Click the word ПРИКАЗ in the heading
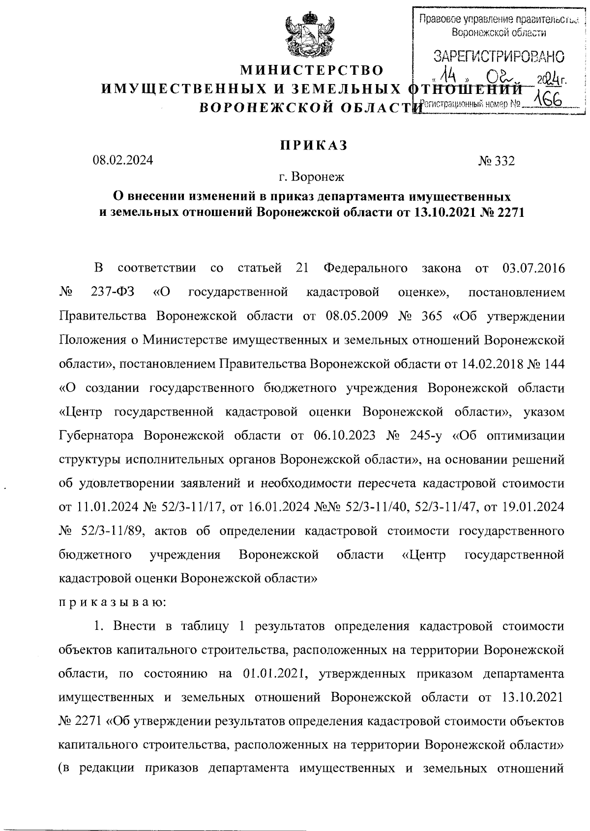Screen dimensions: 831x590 click(x=314, y=146)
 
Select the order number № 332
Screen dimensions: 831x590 click(x=496, y=161)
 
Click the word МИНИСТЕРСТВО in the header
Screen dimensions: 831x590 click(x=311, y=70)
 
